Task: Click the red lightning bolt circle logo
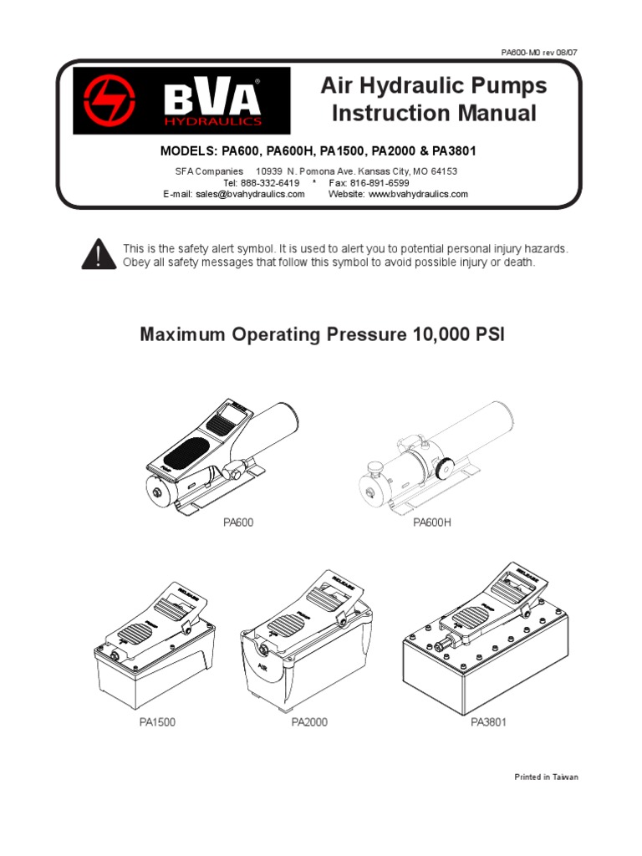pos(107,101)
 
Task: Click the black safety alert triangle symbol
pos(98,252)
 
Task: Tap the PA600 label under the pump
pos(238,523)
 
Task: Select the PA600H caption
pos(433,523)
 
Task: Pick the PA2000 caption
pos(309,722)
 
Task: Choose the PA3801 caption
pos(488,722)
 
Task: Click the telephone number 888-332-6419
pos(272,182)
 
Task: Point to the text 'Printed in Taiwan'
pos(546,777)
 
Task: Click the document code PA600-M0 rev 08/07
pos(538,52)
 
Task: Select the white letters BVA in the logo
pos(213,99)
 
